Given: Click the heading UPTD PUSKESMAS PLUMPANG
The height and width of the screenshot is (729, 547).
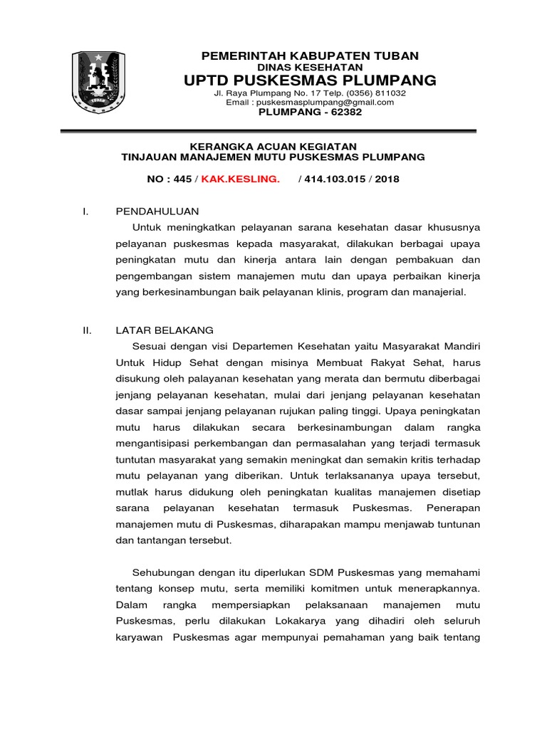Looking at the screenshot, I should tap(310, 80).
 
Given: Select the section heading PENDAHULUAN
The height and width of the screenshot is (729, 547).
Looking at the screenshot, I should tap(157, 211).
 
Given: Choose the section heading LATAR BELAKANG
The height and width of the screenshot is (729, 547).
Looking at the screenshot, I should tap(165, 330).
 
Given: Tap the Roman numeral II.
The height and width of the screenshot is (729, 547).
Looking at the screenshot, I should tap(87, 330).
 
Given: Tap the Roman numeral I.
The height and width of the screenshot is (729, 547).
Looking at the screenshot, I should tap(85, 211).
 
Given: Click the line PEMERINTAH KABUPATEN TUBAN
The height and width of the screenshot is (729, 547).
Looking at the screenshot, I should tap(310, 56).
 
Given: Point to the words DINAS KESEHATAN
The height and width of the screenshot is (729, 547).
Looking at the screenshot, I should tap(310, 67).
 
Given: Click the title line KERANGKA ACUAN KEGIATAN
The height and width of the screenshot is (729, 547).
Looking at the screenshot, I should tap(273, 145).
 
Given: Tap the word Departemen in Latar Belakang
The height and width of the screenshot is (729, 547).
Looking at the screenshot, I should tap(254, 346).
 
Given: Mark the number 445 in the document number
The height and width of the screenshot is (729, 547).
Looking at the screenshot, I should tap(181, 179).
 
